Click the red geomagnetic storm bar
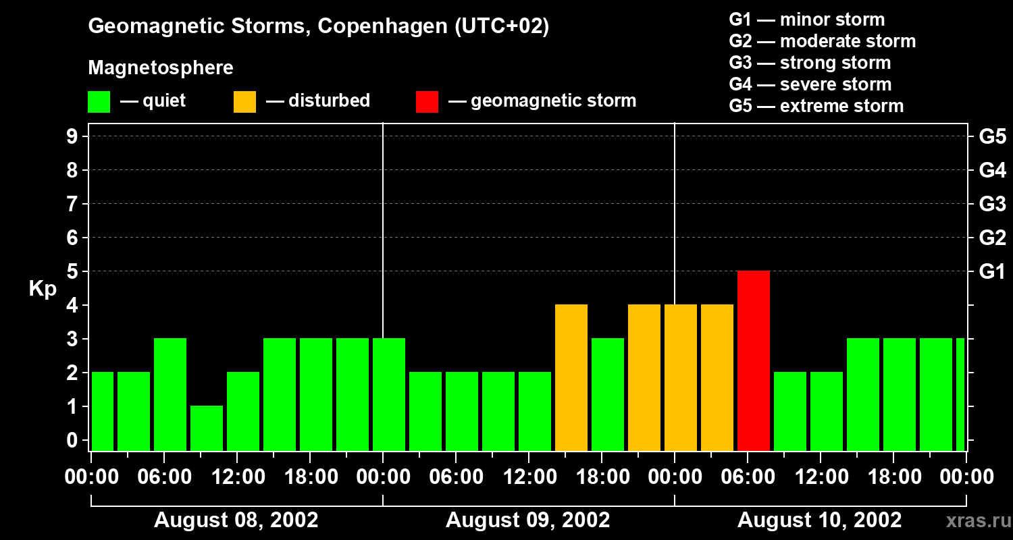point(754,361)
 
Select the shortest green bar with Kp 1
point(207,428)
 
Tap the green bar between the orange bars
point(608,395)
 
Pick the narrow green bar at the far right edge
point(960,395)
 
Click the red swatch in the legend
point(427,102)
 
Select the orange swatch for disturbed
point(244,102)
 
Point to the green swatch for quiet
point(99,102)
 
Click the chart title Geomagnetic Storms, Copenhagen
point(318,26)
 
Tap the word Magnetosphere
point(161,68)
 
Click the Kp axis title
point(43,290)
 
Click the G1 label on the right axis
point(992,271)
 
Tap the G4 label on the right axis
point(992,170)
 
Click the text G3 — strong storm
point(810,63)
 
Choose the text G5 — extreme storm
point(816,106)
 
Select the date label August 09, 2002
point(527,520)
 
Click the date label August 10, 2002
point(819,520)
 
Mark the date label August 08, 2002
point(236,520)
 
